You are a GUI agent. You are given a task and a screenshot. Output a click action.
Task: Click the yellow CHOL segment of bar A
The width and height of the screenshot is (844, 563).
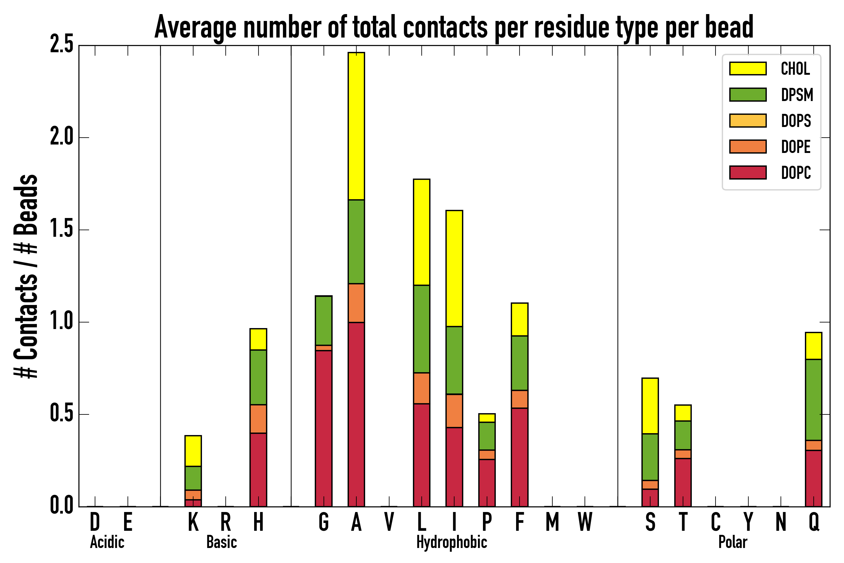tap(356, 126)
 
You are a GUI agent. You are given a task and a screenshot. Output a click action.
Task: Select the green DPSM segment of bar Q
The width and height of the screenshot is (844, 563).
tap(813, 399)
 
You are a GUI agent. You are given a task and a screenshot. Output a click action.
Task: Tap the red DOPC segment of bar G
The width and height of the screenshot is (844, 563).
tap(323, 429)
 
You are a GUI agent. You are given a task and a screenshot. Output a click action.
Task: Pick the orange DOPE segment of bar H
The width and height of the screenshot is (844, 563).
tap(259, 419)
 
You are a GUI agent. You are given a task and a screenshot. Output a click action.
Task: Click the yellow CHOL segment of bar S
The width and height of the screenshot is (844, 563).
tap(650, 406)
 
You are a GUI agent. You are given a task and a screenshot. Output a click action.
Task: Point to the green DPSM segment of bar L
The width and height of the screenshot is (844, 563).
tap(422, 329)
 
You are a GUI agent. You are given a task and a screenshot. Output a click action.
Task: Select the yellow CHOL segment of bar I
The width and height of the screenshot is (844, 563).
tap(454, 268)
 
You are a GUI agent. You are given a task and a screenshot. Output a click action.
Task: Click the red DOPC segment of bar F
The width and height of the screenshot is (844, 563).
tap(519, 457)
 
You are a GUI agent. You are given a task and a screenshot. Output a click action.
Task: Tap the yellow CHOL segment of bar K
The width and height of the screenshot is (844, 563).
tap(193, 451)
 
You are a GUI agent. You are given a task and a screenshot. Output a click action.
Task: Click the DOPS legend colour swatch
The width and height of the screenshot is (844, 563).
tap(748, 120)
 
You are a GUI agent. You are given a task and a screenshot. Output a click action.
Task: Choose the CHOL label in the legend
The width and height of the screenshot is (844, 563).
tap(795, 68)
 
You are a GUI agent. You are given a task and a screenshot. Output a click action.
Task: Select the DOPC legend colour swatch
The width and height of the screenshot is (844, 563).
tap(748, 172)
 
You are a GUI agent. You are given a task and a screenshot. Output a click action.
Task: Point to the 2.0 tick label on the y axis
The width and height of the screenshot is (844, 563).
tap(62, 137)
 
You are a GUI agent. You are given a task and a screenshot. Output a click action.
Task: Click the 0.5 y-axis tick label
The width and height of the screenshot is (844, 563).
tap(62, 414)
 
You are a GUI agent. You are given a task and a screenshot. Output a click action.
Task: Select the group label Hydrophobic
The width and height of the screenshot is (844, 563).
tap(451, 542)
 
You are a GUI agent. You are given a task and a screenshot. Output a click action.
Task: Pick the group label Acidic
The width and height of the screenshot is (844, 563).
tap(107, 542)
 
